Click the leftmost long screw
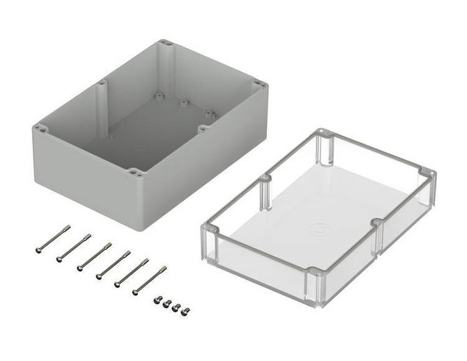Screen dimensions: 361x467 (x=53, y=238)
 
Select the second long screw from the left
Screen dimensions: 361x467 (x=73, y=247)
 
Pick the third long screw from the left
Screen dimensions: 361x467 (x=94, y=256)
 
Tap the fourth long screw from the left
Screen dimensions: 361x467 (x=113, y=264)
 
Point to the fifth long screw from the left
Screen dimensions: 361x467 (x=131, y=272)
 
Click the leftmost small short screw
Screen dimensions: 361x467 (x=158, y=300)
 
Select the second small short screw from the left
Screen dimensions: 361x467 (x=167, y=303)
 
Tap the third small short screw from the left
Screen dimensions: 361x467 (x=176, y=307)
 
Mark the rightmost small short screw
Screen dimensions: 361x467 (x=185, y=312)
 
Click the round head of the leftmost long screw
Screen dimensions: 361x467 (x=39, y=249)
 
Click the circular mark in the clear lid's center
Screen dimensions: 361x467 (x=318, y=229)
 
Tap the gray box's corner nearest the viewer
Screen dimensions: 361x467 (x=137, y=174)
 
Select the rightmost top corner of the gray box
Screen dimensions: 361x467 (x=261, y=85)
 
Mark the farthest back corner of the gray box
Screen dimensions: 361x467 (x=166, y=43)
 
